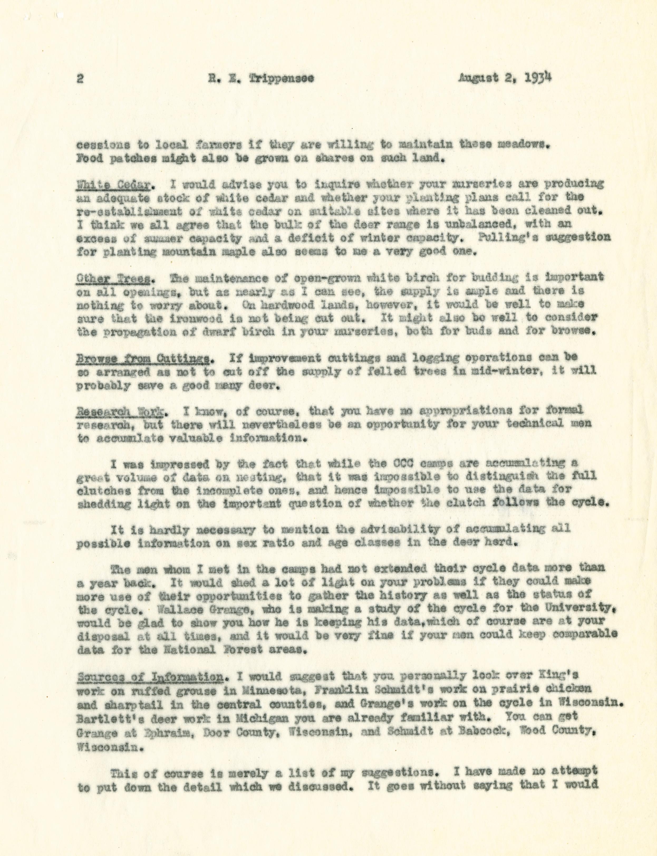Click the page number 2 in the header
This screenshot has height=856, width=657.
coord(80,78)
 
